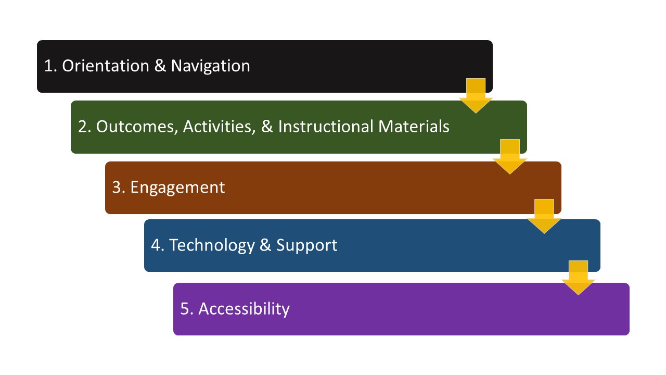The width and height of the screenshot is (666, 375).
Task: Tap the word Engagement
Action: [x=177, y=187]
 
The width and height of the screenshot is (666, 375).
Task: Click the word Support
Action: [x=307, y=245]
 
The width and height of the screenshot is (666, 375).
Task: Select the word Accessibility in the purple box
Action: [x=244, y=308]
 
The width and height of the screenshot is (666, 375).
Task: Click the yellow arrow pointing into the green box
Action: [x=476, y=96]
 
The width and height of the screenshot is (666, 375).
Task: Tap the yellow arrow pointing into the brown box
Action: [x=510, y=157]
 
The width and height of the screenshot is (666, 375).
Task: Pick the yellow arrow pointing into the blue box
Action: [x=544, y=216]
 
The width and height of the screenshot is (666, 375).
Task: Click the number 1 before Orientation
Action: [x=48, y=66]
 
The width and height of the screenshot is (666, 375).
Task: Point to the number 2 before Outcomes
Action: [x=82, y=127]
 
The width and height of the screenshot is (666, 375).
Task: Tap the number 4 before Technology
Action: [x=156, y=245]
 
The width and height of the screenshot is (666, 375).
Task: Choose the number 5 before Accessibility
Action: [x=185, y=308]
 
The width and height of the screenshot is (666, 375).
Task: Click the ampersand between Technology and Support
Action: [x=265, y=245]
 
